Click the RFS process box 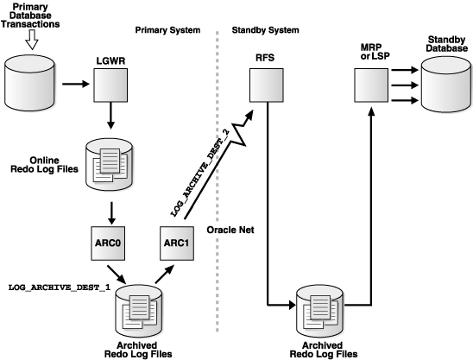(264, 85)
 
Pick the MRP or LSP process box (371, 85)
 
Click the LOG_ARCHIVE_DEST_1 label (59, 286)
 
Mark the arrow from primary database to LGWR (75, 85)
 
